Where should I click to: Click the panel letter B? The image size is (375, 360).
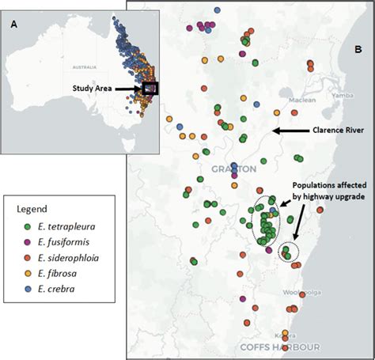pyautogui.click(x=357, y=71)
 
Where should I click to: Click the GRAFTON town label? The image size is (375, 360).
pyautogui.click(x=233, y=169)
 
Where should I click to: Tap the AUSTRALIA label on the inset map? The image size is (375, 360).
pyautogui.click(x=57, y=68)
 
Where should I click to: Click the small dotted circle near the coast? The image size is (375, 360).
pyautogui.click(x=290, y=252)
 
